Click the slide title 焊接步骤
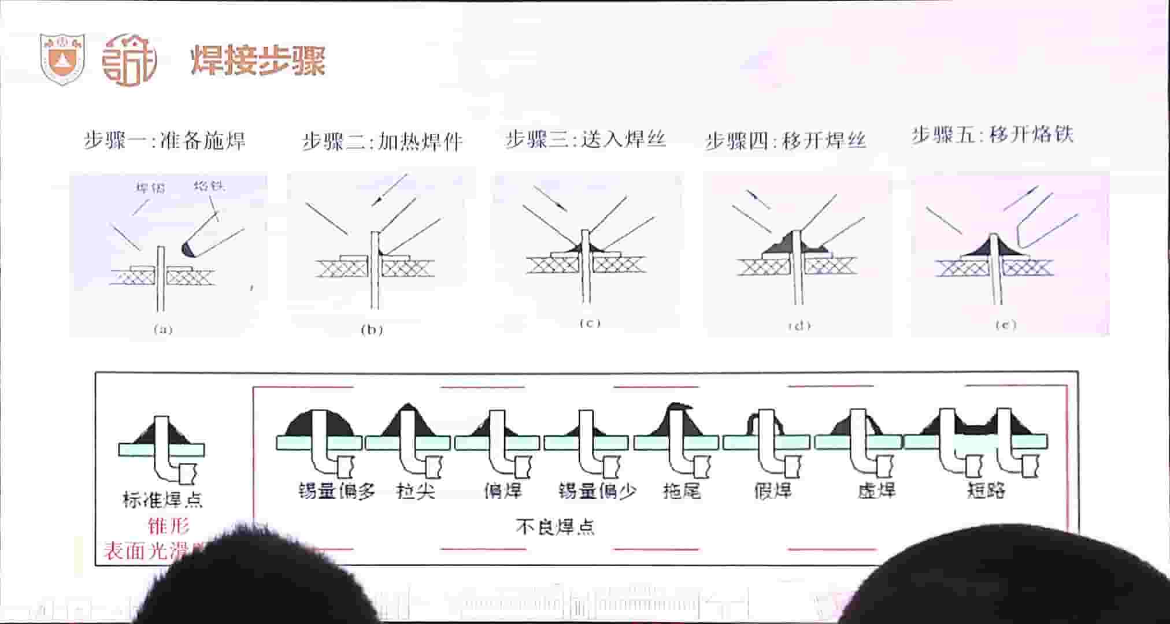coord(258,61)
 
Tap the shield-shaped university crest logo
coord(62,59)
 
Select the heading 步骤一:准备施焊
coord(165,140)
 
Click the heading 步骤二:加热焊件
coord(383,142)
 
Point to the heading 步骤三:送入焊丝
coord(586,139)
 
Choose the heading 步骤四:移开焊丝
coord(786,140)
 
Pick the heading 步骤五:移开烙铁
coord(993,135)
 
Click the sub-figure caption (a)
coord(163,330)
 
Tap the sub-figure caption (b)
coord(372,330)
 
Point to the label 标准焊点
coord(162,499)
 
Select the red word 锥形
coord(168,526)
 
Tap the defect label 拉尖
coord(416,491)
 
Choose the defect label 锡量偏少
coord(597,491)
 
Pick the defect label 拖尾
coord(682,491)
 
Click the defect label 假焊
coord(773,491)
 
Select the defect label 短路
coord(986,490)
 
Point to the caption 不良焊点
coord(554,527)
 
